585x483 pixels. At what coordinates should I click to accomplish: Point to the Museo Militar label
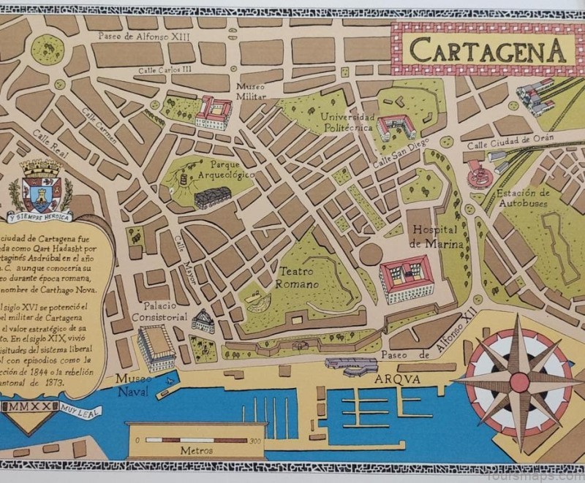click(x=250, y=91)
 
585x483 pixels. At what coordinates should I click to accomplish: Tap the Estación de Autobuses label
click(x=523, y=198)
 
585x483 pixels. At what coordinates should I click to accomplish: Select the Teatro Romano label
click(x=298, y=277)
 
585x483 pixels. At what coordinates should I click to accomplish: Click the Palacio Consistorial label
click(x=158, y=311)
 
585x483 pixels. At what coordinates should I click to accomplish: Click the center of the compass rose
click(x=519, y=381)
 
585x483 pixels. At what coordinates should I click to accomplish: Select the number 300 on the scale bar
click(x=254, y=441)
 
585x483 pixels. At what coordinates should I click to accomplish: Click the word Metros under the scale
click(x=197, y=451)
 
